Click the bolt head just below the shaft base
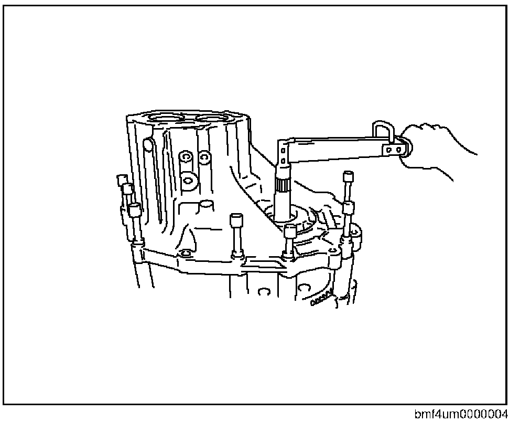289,231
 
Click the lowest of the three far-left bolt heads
135,210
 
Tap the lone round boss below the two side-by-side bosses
187,180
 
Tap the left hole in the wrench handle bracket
389,150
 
